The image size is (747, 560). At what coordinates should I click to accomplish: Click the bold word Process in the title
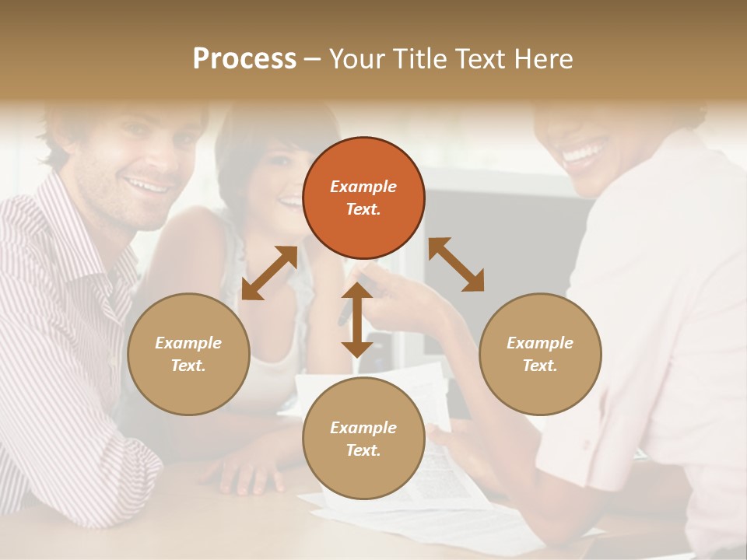(244, 59)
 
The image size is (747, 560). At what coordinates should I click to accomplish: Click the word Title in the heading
(419, 59)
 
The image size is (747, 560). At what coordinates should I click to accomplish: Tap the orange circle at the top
(363, 198)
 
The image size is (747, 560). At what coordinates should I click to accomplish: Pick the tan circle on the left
(188, 354)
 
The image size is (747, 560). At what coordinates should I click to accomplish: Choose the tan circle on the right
(540, 354)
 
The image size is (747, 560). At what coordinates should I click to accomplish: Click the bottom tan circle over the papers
(363, 439)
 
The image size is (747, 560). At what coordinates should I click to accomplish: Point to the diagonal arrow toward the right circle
(456, 264)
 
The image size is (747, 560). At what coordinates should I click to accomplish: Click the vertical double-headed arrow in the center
(357, 320)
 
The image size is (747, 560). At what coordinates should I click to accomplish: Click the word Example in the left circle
(188, 343)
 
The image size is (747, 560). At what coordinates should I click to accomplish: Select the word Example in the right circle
(540, 343)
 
